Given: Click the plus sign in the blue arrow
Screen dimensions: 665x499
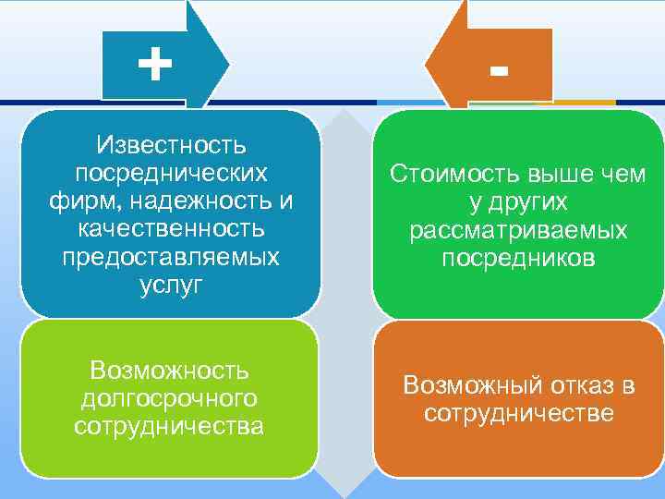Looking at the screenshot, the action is pyautogui.click(x=154, y=65).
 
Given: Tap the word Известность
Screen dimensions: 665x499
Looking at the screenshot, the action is pyautogui.click(x=170, y=145).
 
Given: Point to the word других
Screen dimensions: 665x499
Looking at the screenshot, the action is pyautogui.click(x=528, y=201).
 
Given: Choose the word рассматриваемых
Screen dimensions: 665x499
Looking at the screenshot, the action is pyautogui.click(x=518, y=229).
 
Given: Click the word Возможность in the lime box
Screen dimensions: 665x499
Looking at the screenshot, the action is pyautogui.click(x=170, y=370).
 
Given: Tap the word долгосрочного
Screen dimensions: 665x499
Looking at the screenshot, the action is pyautogui.click(x=170, y=398).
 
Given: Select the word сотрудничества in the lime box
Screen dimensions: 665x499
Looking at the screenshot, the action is pyautogui.click(x=170, y=426).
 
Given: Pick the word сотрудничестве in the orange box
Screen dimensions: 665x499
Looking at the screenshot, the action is pyautogui.click(x=518, y=413).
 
